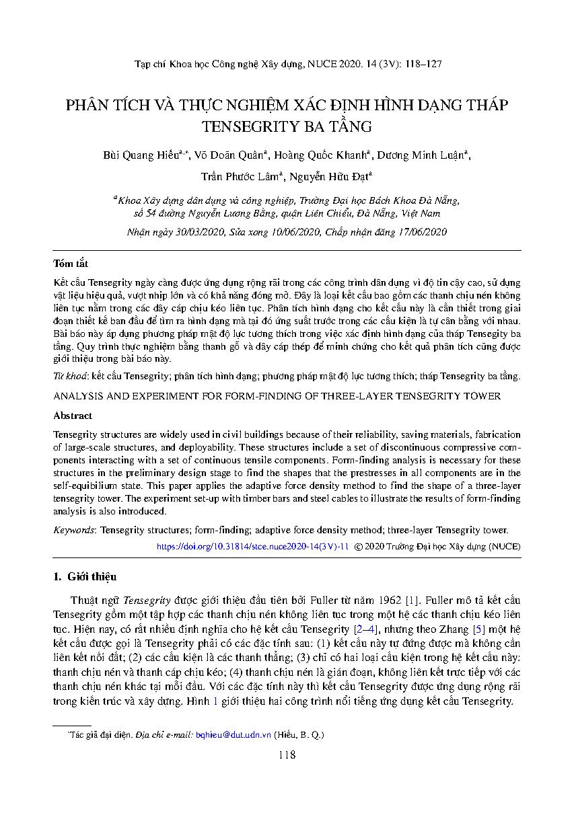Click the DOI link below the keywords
coord(252,547)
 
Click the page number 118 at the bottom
coord(287,755)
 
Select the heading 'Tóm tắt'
coord(71,264)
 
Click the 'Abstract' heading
coord(73,416)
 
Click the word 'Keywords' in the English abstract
coord(75,530)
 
